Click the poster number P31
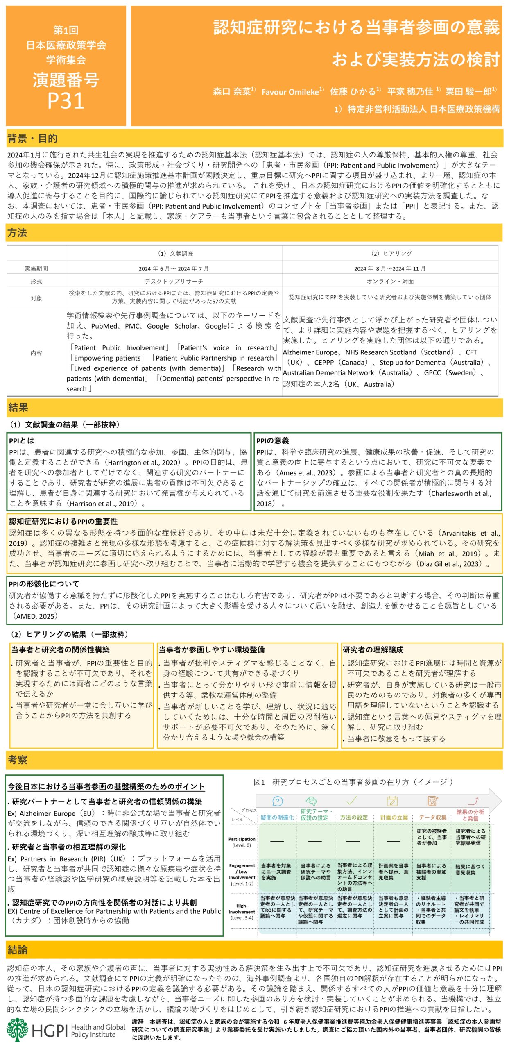(x=66, y=100)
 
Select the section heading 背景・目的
(x=32, y=139)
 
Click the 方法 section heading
(x=17, y=233)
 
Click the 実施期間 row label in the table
(x=36, y=268)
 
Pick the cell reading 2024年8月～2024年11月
(x=390, y=268)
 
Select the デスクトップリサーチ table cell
(x=174, y=281)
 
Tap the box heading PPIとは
(x=22, y=440)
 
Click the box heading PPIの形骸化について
(x=44, y=584)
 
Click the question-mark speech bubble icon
(x=277, y=801)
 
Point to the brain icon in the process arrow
(x=311, y=801)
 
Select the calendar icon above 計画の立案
(x=392, y=801)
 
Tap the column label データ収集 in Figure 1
(x=432, y=817)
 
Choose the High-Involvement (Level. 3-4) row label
(x=242, y=912)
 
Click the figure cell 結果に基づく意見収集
(x=470, y=870)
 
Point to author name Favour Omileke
(x=290, y=92)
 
